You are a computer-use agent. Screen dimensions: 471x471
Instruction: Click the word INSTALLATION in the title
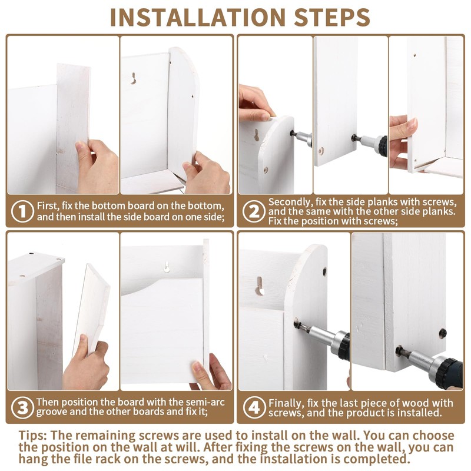(x=198, y=17)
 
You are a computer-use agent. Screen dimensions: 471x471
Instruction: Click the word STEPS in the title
(x=332, y=17)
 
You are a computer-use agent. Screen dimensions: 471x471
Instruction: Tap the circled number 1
(x=22, y=211)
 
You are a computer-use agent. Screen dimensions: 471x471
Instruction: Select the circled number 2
(x=254, y=211)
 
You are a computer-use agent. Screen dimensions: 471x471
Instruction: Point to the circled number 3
(x=22, y=407)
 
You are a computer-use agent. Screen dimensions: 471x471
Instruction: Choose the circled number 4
(x=254, y=407)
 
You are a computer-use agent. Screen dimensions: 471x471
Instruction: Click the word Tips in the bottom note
(x=32, y=436)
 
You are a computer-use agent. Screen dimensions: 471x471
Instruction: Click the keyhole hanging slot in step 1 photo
(x=134, y=78)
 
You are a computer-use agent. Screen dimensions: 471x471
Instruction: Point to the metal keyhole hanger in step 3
(x=167, y=267)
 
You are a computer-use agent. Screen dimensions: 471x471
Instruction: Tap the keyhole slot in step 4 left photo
(x=260, y=286)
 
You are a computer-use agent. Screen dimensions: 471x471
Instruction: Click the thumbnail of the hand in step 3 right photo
(x=197, y=366)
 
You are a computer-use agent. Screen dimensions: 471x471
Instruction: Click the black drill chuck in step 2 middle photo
(x=383, y=145)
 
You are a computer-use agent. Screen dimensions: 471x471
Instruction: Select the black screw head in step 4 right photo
(x=443, y=333)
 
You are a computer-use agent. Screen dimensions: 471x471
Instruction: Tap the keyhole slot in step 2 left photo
(x=257, y=135)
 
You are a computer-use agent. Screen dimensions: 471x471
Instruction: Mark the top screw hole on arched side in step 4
(x=325, y=271)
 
